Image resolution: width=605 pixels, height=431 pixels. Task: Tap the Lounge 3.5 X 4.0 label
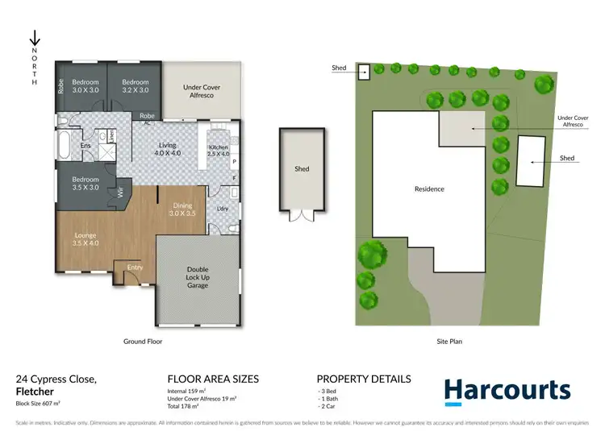coord(85,239)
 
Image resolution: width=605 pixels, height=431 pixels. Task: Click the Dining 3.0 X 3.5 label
coord(182,210)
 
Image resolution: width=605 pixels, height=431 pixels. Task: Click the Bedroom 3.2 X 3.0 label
coord(136,86)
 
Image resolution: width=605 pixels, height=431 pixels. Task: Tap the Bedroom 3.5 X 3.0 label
coord(86,183)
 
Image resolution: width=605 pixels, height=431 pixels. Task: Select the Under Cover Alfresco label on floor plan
coord(202,91)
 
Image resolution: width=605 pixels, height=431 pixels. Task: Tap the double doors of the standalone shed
coord(302,216)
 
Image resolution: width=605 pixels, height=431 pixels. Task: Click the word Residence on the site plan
coord(429,189)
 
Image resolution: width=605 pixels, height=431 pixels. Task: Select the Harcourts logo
coord(508,391)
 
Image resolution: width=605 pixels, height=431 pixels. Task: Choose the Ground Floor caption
coord(143,342)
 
